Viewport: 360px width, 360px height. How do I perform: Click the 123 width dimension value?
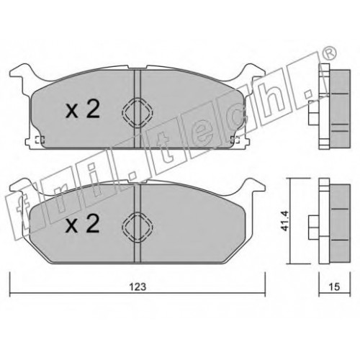pos(138,287)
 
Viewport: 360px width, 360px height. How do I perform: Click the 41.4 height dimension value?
pos(285,221)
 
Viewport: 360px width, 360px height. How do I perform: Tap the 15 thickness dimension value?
pos(334,287)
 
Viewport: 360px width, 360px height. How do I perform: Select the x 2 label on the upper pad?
pos(83,109)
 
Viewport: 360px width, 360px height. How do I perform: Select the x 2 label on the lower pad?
pos(83,224)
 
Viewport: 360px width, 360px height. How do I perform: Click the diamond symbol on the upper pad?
pos(138,112)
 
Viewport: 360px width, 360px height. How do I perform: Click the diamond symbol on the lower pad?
pos(138,226)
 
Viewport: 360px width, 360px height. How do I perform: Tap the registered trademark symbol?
pos(330,54)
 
